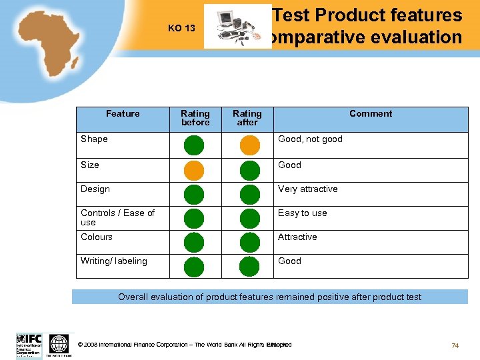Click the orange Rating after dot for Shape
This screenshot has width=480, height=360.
click(x=249, y=145)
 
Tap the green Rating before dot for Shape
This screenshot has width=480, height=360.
click(x=193, y=145)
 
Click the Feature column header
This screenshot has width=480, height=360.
click(x=123, y=114)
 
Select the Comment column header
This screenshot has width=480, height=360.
click(x=371, y=114)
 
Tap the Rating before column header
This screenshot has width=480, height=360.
click(x=195, y=118)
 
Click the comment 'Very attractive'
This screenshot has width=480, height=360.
click(x=307, y=189)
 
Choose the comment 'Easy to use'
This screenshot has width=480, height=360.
click(x=302, y=213)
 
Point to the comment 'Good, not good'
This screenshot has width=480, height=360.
click(x=310, y=139)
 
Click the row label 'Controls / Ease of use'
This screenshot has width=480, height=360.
click(x=117, y=217)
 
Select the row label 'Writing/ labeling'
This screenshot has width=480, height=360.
click(x=114, y=261)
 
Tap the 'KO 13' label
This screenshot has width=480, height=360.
click(x=181, y=28)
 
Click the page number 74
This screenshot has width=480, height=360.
click(x=455, y=345)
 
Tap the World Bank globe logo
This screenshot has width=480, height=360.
click(x=59, y=345)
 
